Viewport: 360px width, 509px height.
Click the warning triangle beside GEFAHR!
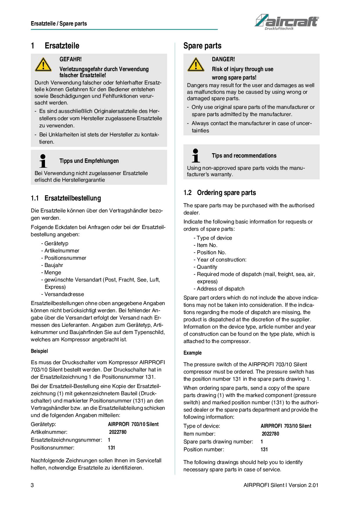tap(43, 65)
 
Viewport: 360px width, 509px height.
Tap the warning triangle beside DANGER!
tap(196, 65)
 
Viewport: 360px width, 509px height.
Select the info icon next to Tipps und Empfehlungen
tap(43, 161)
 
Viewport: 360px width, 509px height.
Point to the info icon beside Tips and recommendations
tap(196, 156)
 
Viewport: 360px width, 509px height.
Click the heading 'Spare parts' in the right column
tap(202, 46)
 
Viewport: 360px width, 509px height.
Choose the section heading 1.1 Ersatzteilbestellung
tap(66, 198)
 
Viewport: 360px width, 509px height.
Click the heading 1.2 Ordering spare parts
tap(220, 193)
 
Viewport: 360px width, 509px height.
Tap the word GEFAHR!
tap(71, 59)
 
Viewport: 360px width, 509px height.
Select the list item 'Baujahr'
tap(53, 265)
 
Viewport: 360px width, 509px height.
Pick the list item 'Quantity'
tap(207, 267)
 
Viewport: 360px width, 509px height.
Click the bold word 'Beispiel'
tap(39, 351)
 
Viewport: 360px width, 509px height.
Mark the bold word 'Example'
tap(192, 353)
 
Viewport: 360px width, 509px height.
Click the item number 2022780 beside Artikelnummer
tap(118, 432)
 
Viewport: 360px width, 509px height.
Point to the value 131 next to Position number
tap(264, 450)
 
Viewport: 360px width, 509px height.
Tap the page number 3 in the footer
tap(32, 485)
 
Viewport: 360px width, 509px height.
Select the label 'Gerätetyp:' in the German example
tap(43, 424)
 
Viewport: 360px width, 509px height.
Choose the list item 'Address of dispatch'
tap(220, 289)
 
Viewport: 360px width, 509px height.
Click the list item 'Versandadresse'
tap(64, 294)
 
